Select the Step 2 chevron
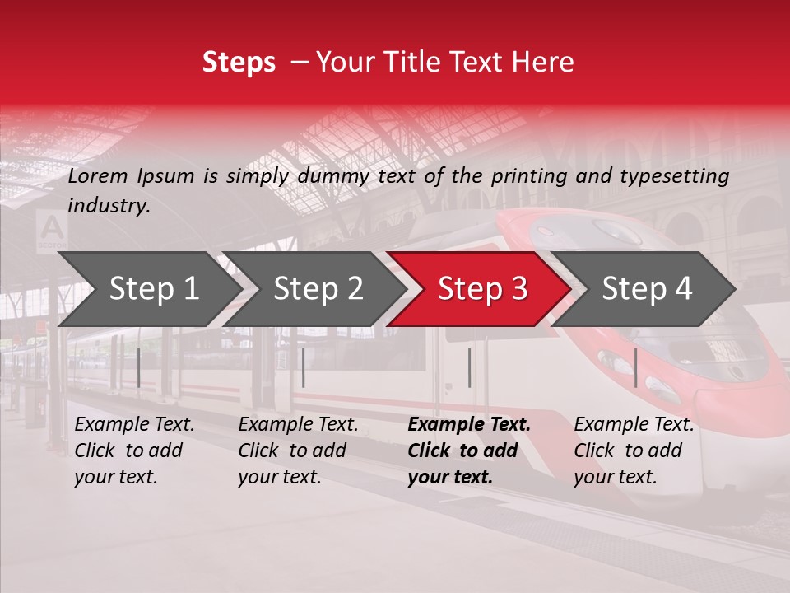[318, 289]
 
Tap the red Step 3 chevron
[482, 289]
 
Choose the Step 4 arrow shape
[647, 289]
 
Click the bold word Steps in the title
[239, 63]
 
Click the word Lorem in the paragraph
[98, 175]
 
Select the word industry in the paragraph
[109, 206]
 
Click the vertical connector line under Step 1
[138, 368]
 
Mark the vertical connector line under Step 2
[304, 368]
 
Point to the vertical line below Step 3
[469, 368]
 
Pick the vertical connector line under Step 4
[635, 368]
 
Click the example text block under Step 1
[134, 451]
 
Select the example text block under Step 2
[298, 451]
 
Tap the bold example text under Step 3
[469, 451]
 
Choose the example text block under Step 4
[634, 451]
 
